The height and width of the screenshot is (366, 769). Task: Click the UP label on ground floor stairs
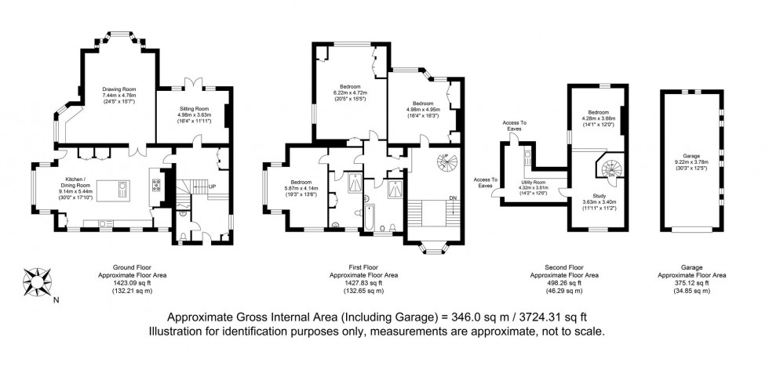(211, 187)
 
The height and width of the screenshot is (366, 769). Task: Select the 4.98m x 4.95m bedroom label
(422, 109)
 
